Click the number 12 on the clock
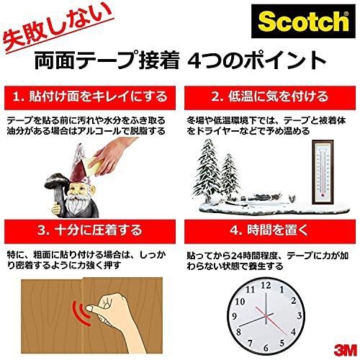(x=266, y=284)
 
